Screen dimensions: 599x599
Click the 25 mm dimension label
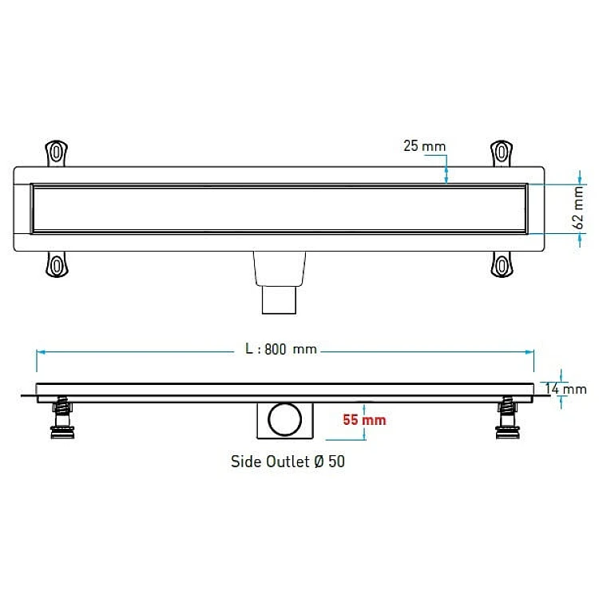(x=424, y=146)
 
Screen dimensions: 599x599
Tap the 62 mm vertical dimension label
(x=578, y=208)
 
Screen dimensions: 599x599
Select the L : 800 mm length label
(x=281, y=349)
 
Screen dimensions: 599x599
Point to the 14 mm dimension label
(x=565, y=389)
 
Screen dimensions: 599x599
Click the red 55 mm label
(x=364, y=420)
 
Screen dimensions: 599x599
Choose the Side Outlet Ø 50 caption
(x=288, y=462)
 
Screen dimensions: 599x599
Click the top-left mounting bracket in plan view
(x=57, y=153)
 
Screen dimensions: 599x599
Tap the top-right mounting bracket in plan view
(x=502, y=153)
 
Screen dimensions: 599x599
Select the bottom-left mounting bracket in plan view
(x=57, y=264)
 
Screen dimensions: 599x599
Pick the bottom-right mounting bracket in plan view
(x=502, y=264)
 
